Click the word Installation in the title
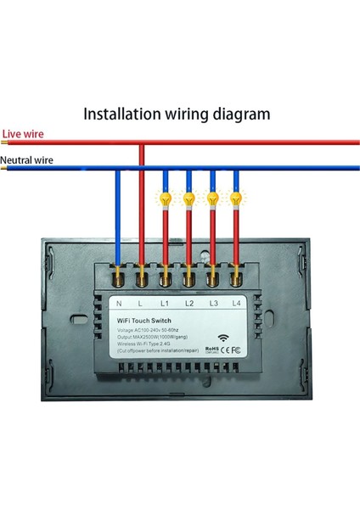point(125,113)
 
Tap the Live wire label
point(23,133)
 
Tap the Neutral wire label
point(27,159)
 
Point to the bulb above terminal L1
point(165,199)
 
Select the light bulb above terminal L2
point(188,199)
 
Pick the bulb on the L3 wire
point(212,199)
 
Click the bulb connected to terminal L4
point(235,199)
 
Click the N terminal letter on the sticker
point(118,303)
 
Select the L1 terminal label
point(166,303)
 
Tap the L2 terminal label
point(190,303)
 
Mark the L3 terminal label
point(214,303)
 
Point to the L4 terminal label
point(238,303)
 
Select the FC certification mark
point(237,347)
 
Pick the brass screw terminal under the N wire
point(118,276)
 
